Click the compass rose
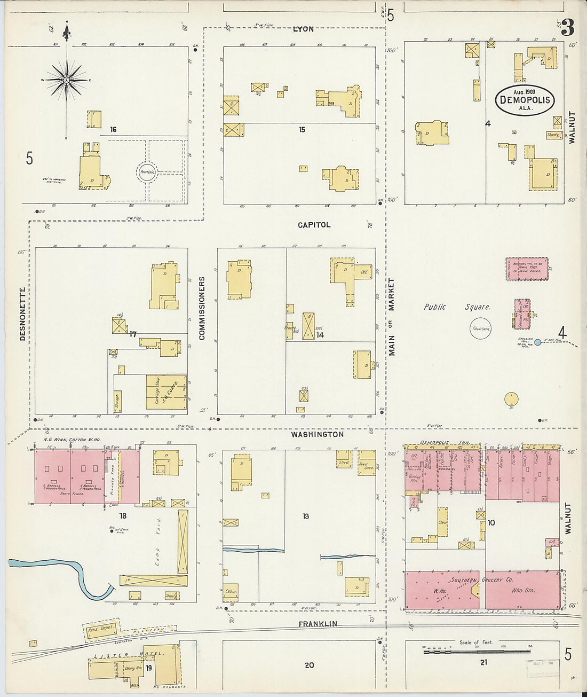pyautogui.click(x=66, y=80)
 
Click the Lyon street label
pyautogui.click(x=303, y=29)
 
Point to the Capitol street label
pyautogui.click(x=314, y=225)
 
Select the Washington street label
pyautogui.click(x=317, y=434)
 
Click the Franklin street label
pyautogui.click(x=318, y=624)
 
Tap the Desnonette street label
pyautogui.click(x=22, y=315)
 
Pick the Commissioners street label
pyautogui.click(x=202, y=308)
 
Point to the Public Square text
pyautogui.click(x=457, y=307)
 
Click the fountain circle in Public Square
pyautogui.click(x=480, y=328)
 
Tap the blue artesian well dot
pyautogui.click(x=538, y=342)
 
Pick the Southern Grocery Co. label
pyautogui.click(x=480, y=580)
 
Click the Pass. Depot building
pyautogui.click(x=100, y=629)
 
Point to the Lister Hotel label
pyautogui.click(x=129, y=655)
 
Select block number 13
pyautogui.click(x=306, y=516)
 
